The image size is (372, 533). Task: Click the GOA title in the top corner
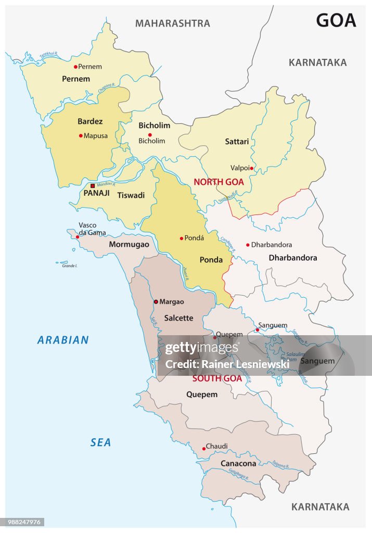pyautogui.click(x=336, y=20)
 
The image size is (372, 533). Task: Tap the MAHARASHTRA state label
pyautogui.click(x=173, y=23)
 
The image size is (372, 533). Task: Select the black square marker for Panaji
pyautogui.click(x=93, y=186)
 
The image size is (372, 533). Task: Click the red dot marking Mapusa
pyautogui.click(x=81, y=136)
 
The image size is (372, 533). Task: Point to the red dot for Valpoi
pyautogui.click(x=251, y=168)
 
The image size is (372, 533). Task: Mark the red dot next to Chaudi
pyautogui.click(x=203, y=448)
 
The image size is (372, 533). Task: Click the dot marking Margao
pyautogui.click(x=156, y=301)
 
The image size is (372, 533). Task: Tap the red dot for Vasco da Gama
pyautogui.click(x=78, y=237)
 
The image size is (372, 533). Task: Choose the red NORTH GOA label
pyautogui.click(x=219, y=182)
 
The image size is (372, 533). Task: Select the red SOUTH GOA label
pyautogui.click(x=217, y=379)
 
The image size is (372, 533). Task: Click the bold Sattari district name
pyautogui.click(x=237, y=142)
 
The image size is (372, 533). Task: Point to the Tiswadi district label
pyautogui.click(x=131, y=196)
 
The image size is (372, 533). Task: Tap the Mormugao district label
pyautogui.click(x=129, y=244)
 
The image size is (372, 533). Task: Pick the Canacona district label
pyautogui.click(x=238, y=463)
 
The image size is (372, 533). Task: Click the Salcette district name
pyautogui.click(x=178, y=318)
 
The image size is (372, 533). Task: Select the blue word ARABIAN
pyautogui.click(x=63, y=340)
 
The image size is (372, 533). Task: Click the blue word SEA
pyautogui.click(x=100, y=442)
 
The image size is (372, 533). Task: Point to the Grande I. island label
pyautogui.click(x=69, y=266)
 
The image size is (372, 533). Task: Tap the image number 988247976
pyautogui.click(x=24, y=522)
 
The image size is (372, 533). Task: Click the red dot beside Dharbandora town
pyautogui.click(x=248, y=245)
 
